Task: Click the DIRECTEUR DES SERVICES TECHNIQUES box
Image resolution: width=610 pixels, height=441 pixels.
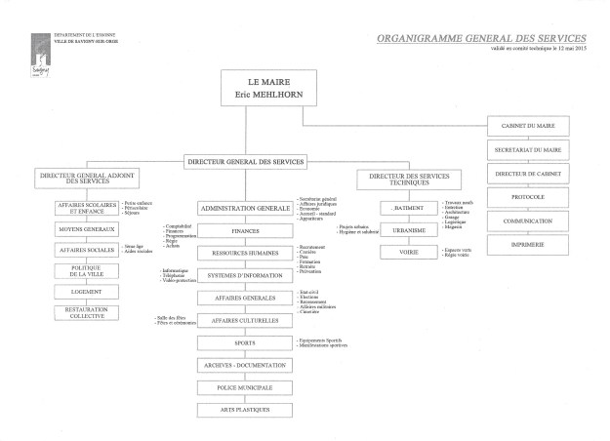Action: pos(405,180)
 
